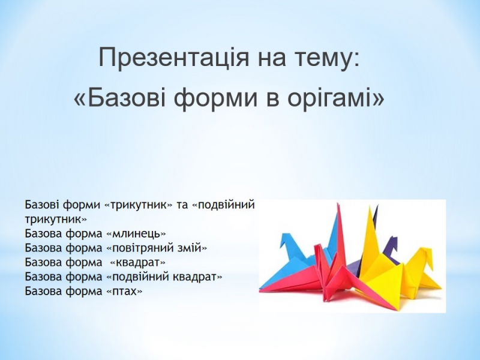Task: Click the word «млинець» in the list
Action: point(137,234)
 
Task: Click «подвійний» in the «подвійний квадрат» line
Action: point(142,277)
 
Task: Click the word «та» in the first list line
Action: point(182,205)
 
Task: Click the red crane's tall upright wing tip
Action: point(338,205)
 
